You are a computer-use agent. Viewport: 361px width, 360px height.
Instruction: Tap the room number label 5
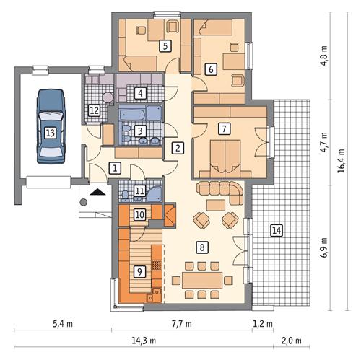[x=165, y=46]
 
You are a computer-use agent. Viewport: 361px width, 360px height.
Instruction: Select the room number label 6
[x=210, y=70]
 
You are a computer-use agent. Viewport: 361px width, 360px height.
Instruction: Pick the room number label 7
[x=225, y=129]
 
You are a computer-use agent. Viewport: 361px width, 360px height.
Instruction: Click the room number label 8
[x=203, y=247]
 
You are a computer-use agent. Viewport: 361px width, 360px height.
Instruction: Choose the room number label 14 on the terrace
[x=275, y=230]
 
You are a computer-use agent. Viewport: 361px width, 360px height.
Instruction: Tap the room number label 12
[x=93, y=110]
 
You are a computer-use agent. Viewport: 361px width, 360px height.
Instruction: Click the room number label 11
[x=139, y=191]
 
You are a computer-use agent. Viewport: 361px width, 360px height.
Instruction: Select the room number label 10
[x=140, y=214]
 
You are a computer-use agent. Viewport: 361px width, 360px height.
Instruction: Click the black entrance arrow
[x=97, y=193]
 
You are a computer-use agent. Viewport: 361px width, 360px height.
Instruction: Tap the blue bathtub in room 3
[x=141, y=114]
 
